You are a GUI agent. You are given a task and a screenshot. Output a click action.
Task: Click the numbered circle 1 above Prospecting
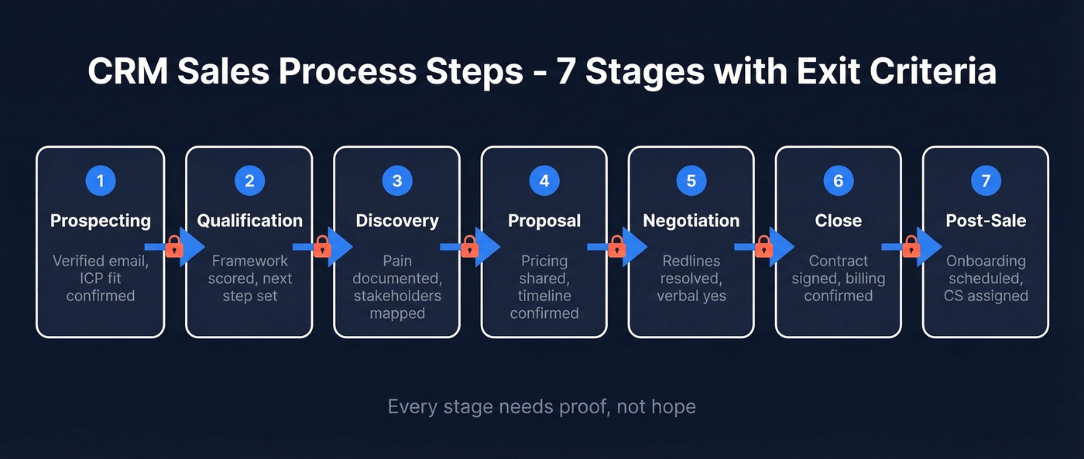pos(100,181)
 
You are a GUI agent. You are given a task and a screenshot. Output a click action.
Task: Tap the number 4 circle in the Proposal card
pos(544,181)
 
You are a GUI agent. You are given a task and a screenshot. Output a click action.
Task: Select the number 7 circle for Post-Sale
pos(986,181)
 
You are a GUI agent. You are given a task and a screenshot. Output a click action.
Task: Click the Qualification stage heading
pos(249,221)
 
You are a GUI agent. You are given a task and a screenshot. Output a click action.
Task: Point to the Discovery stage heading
pos(397,221)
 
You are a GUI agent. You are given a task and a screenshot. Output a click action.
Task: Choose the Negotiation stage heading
pos(691,221)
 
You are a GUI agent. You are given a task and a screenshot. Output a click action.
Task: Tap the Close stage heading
pos(839,221)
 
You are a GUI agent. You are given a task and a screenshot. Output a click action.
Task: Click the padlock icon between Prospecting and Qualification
pos(174,248)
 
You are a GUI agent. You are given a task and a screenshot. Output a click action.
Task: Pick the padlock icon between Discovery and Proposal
pos(469,248)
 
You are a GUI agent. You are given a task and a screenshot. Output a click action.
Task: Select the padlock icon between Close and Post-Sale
pos(911,248)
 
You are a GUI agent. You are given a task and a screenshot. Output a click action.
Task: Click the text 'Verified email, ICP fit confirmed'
pos(100,279)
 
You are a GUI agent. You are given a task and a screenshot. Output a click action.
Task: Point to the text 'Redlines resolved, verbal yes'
pos(691,279)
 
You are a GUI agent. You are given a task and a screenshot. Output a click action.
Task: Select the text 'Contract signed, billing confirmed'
pos(839,279)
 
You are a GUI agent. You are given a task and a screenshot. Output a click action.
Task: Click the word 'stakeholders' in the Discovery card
pos(397,296)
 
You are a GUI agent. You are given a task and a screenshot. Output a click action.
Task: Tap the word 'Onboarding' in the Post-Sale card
pos(986,261)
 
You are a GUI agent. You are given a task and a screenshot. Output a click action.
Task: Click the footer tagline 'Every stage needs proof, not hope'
pos(541,406)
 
